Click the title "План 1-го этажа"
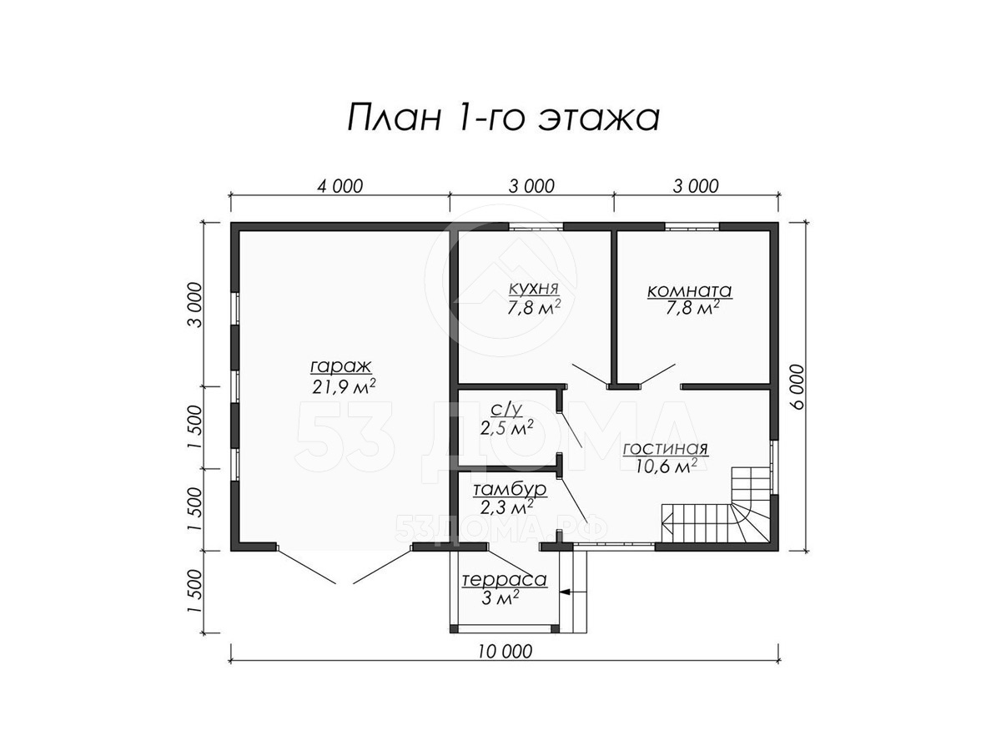click(x=503, y=118)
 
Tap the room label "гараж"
click(x=341, y=366)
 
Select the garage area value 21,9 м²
click(x=344, y=386)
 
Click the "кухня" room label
click(x=534, y=289)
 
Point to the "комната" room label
click(x=689, y=290)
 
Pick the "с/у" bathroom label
click(x=506, y=411)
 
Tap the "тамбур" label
click(x=510, y=489)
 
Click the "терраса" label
click(x=505, y=580)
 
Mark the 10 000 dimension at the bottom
click(x=506, y=652)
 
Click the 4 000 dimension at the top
click(x=340, y=186)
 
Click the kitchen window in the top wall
click(x=536, y=227)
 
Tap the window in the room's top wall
click(x=692, y=227)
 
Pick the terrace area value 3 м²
click(x=500, y=597)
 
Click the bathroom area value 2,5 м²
click(x=506, y=428)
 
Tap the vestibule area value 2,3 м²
click(x=506, y=507)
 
